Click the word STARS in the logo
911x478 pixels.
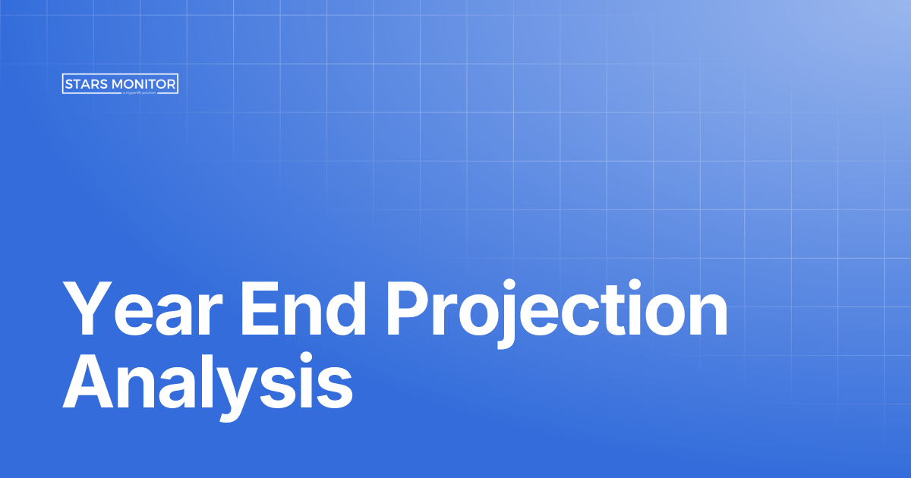(86, 84)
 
